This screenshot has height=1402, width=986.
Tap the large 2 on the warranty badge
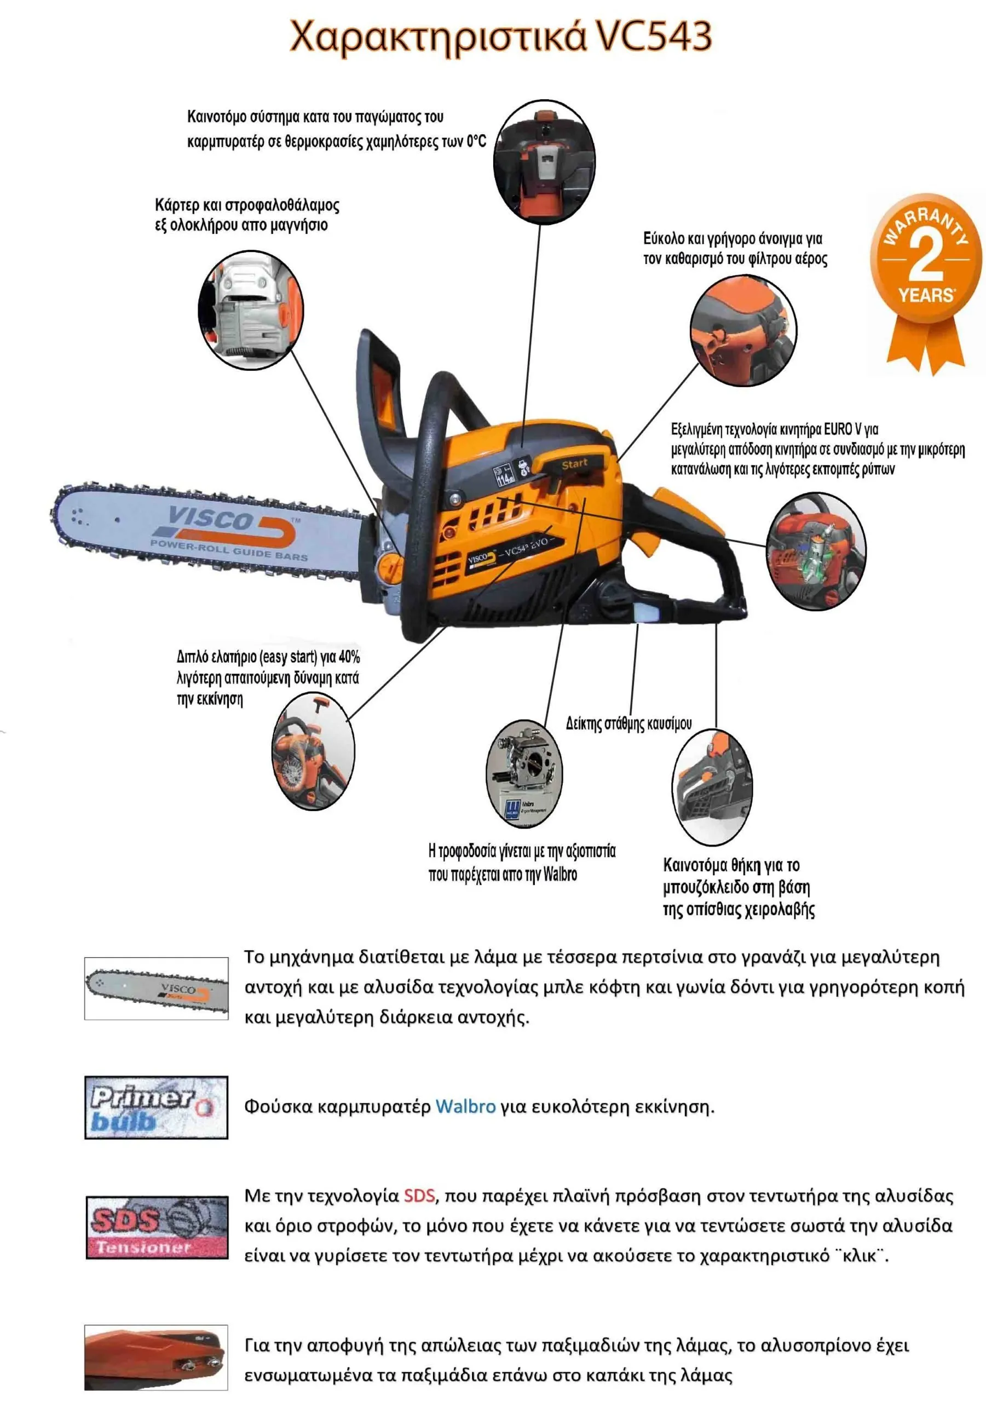926,256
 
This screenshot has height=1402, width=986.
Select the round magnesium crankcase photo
251,309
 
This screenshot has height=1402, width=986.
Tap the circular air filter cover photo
743,330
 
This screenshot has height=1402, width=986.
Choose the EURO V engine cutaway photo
816,551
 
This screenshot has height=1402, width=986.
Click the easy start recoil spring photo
313,752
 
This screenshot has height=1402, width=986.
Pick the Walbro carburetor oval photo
524,773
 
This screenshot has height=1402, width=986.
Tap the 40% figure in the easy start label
349,657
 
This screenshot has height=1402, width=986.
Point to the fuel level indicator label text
628,723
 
